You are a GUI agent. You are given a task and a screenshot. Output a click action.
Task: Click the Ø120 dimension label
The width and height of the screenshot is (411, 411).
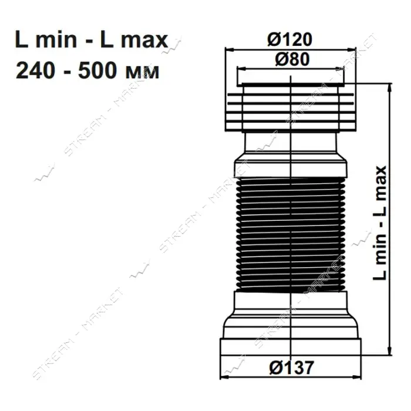[289, 39]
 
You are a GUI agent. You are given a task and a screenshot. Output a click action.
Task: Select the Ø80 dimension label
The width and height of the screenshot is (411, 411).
[292, 59]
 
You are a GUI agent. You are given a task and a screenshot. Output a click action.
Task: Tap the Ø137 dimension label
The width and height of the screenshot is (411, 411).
[291, 368]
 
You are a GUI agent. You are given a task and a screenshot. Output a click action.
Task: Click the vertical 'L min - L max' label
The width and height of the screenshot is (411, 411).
[380, 223]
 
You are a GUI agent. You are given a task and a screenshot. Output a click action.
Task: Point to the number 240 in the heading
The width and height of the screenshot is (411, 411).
[36, 70]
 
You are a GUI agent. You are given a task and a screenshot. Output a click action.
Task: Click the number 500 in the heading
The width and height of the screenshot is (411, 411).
[97, 70]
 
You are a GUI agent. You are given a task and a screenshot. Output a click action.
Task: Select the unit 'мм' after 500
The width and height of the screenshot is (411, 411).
[142, 72]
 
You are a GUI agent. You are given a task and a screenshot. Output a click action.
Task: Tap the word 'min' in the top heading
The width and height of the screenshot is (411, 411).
[56, 39]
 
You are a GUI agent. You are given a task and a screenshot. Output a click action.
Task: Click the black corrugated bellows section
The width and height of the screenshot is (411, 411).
[291, 235]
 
